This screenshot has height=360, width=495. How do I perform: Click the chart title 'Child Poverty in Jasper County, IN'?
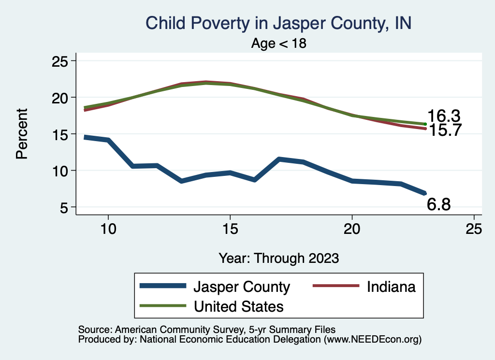278,23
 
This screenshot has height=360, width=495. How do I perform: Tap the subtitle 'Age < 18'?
278,43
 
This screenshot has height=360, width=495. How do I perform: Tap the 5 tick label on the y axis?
64,207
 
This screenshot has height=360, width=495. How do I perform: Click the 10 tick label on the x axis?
108,229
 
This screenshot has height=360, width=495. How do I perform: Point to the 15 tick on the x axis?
230,229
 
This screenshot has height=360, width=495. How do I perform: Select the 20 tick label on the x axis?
352,229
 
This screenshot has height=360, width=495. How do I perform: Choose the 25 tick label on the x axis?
474,229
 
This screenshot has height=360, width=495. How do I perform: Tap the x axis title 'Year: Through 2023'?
278,258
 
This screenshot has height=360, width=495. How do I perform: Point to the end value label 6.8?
439,205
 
